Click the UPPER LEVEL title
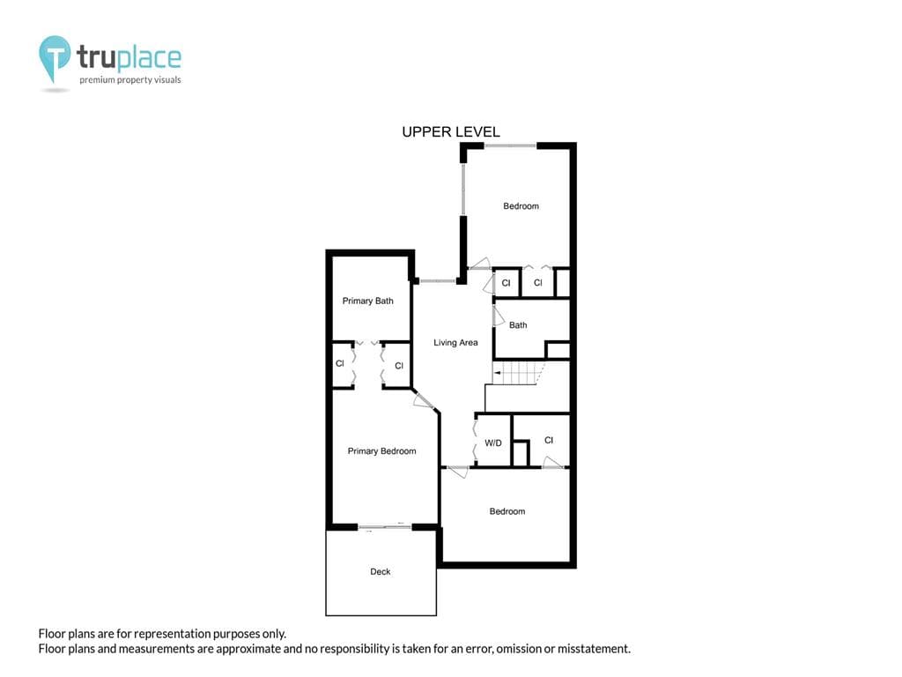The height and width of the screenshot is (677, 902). (x=450, y=132)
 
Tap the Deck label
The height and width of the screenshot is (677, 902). (x=381, y=571)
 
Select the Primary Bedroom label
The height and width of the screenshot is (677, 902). (x=382, y=451)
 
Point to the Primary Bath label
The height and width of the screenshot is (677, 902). (x=367, y=301)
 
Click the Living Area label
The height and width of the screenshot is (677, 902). (x=455, y=343)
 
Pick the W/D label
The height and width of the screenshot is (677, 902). (x=493, y=443)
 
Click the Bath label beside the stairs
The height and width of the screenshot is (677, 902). (x=518, y=325)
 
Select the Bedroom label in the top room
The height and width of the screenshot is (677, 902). (x=521, y=206)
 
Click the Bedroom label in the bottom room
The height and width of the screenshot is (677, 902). (x=507, y=511)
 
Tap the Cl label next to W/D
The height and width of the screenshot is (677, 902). (x=549, y=441)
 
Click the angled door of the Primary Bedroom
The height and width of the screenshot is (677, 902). (x=425, y=399)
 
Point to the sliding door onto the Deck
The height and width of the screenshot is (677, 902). (x=385, y=527)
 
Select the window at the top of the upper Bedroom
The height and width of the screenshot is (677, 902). (x=510, y=145)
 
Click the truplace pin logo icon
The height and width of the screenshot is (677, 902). (x=55, y=58)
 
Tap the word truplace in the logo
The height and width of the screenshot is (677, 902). (x=129, y=57)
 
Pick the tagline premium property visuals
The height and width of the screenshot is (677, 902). (x=130, y=80)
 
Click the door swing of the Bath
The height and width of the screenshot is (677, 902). (x=499, y=316)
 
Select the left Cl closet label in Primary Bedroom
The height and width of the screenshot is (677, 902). (x=340, y=363)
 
